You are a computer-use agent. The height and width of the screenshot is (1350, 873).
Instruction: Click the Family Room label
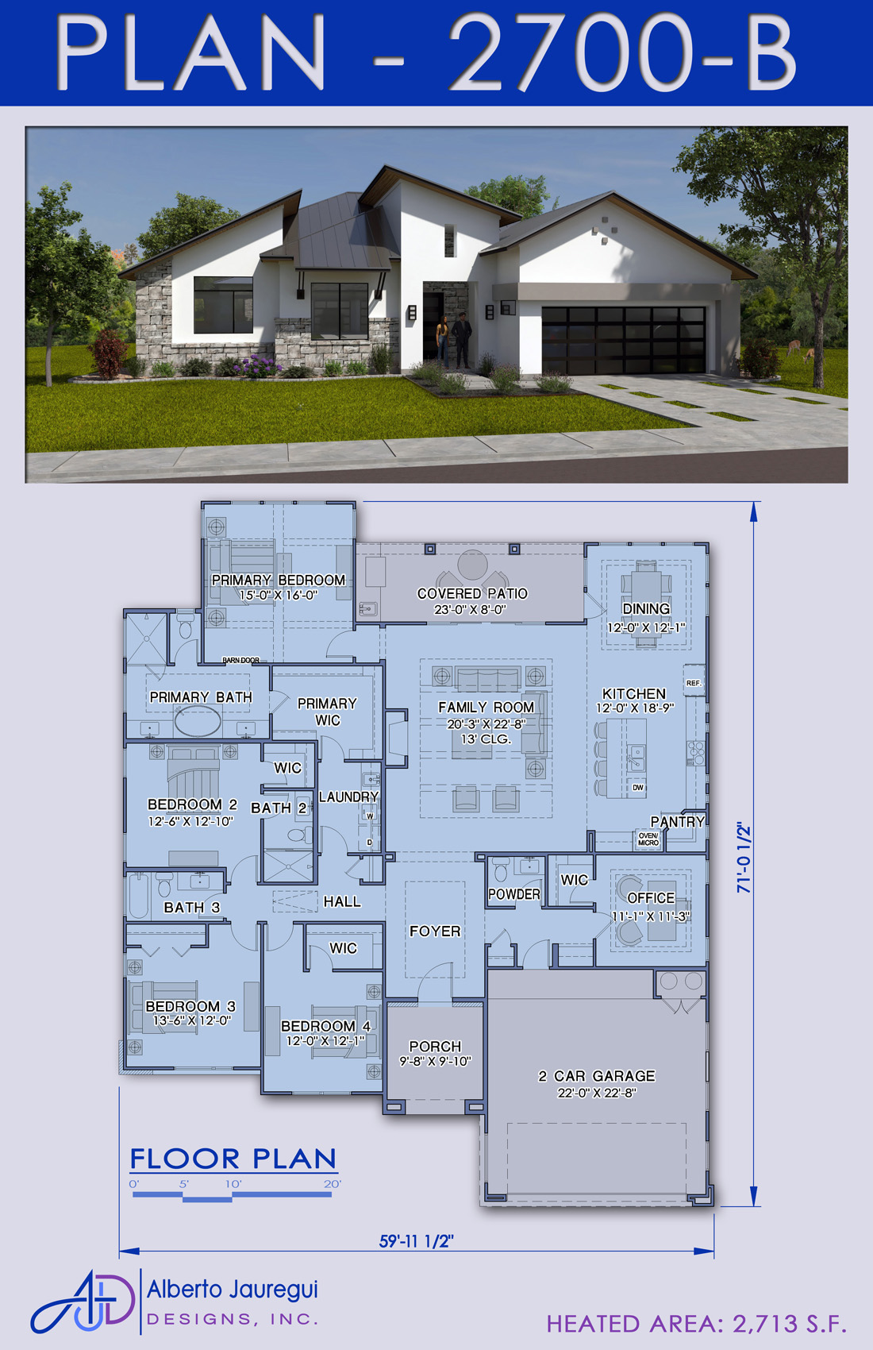pyautogui.click(x=486, y=707)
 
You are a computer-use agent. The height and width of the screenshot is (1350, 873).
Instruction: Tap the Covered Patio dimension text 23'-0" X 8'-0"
pyautogui.click(x=471, y=609)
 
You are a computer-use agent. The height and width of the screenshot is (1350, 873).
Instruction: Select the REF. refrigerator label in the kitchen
pyautogui.click(x=694, y=683)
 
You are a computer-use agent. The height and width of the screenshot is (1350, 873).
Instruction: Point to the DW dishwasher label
pyautogui.click(x=638, y=787)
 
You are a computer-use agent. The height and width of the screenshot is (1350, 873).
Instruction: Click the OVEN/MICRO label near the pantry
pyautogui.click(x=648, y=839)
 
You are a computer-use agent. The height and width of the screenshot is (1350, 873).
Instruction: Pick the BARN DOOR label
pyautogui.click(x=241, y=660)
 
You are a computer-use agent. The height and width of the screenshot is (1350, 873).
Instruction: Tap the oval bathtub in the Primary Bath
pyautogui.click(x=198, y=720)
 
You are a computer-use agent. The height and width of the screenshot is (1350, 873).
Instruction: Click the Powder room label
pyautogui.click(x=514, y=894)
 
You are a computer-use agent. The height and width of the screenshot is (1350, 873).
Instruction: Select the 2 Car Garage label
pyautogui.click(x=597, y=1076)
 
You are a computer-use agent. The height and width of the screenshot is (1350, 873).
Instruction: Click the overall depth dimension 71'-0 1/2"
pyautogui.click(x=744, y=858)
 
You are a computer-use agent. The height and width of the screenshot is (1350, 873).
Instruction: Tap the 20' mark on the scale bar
pyautogui.click(x=333, y=1184)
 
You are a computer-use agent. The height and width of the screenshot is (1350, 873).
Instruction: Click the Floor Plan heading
pyautogui.click(x=233, y=1159)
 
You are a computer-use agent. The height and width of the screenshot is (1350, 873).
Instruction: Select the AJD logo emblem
pyautogui.click(x=83, y=1300)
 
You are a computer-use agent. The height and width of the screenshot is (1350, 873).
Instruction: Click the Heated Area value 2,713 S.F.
pyautogui.click(x=790, y=1324)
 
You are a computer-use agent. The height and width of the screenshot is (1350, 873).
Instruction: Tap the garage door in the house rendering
pyautogui.click(x=624, y=339)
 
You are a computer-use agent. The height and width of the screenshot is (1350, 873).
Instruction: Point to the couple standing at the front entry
pyautogui.click(x=453, y=341)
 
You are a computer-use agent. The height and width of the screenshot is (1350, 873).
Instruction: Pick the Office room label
pyautogui.click(x=651, y=898)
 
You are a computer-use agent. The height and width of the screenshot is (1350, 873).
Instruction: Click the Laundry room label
pyautogui.click(x=348, y=796)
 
